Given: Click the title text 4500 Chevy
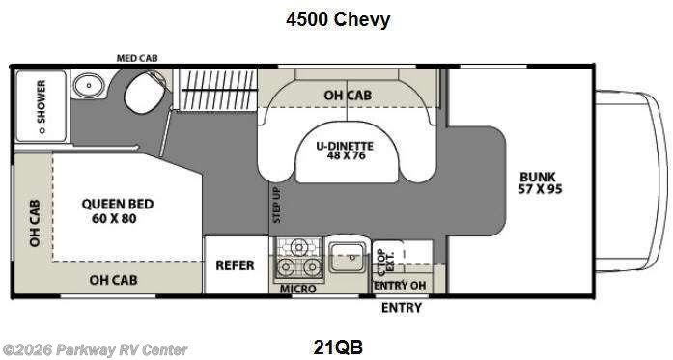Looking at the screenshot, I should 338,19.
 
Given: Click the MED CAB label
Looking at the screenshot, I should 138,59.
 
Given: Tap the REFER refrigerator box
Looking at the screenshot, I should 234,263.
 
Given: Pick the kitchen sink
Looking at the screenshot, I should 345,258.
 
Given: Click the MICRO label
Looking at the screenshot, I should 298,288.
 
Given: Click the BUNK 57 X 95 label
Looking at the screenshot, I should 540,182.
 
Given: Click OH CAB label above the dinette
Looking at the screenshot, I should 348,95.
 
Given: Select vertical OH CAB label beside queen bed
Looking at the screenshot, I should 34,224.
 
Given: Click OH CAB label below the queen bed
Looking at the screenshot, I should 113,280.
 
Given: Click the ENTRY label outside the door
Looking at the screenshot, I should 401,308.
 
